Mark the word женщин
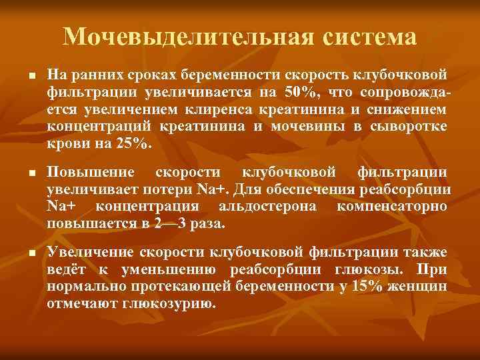point(422,287)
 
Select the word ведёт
point(69,269)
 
